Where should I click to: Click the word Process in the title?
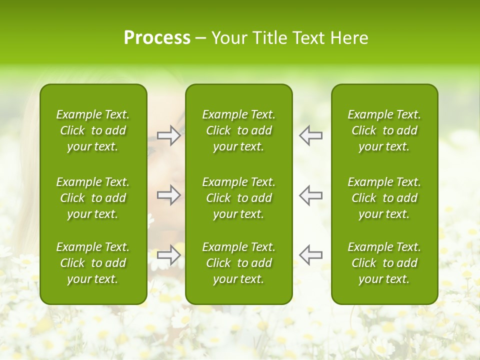click(157, 37)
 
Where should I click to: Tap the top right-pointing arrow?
click(168, 135)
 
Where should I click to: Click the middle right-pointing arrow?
click(168, 195)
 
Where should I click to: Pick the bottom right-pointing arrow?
click(168, 254)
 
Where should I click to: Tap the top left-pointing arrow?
click(311, 135)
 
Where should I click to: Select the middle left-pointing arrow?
click(311, 195)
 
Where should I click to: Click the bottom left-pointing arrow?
click(311, 254)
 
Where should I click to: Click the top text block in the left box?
click(93, 130)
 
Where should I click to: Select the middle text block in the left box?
click(93, 198)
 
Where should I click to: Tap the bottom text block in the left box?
click(93, 263)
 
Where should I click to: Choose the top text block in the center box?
click(239, 130)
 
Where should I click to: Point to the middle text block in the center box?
click(239, 198)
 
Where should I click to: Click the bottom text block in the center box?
click(239, 263)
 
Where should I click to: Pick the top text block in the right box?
click(384, 130)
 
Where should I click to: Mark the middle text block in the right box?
click(384, 198)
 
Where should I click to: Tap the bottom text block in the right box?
click(384, 263)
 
